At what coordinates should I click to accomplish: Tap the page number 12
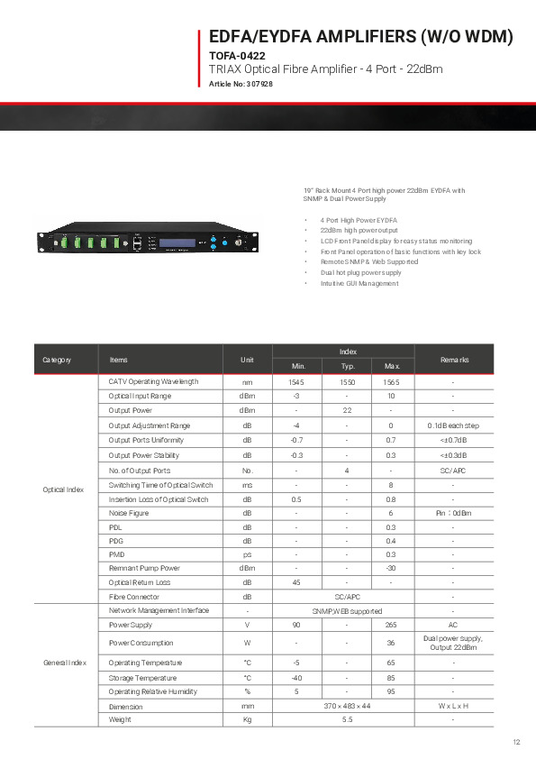click(x=516, y=742)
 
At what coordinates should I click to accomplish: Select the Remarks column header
click(x=453, y=360)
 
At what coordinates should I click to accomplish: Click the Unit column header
click(x=247, y=360)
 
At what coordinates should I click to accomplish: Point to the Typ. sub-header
click(x=347, y=367)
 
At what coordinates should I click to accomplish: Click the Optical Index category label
click(x=63, y=489)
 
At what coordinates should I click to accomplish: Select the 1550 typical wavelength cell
click(x=347, y=382)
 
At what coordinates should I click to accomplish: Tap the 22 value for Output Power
click(x=347, y=411)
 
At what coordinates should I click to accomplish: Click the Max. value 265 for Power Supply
click(x=391, y=625)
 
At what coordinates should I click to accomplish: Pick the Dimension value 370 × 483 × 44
click(x=346, y=707)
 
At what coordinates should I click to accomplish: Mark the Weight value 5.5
click(x=346, y=719)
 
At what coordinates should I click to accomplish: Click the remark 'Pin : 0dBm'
click(x=453, y=513)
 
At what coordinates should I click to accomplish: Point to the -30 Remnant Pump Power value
click(x=391, y=568)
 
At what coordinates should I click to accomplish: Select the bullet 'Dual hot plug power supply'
click(x=360, y=272)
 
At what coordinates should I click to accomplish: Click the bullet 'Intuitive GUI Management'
click(x=359, y=283)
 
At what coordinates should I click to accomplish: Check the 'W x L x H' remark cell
click(x=453, y=707)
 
